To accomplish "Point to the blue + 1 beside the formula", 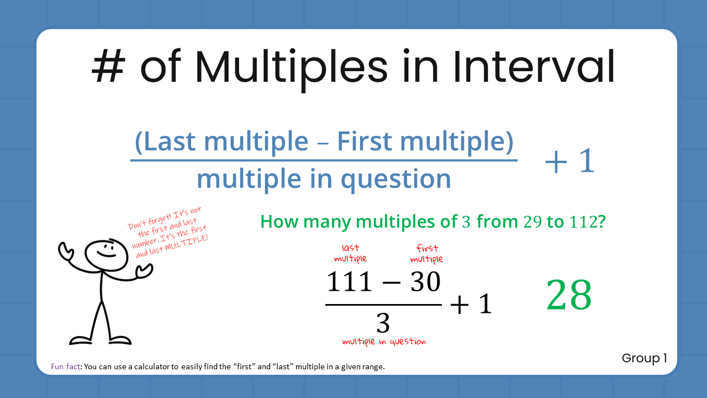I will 569,162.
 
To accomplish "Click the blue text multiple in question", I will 324,179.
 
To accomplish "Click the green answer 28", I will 569,296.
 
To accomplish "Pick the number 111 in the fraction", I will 350,282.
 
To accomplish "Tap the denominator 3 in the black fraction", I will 383,323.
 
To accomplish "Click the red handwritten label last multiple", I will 350,254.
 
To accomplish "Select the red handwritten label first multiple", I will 426,254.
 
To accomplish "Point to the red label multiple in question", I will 384,342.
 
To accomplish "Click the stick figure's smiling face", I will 102,252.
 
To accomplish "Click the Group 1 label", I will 644,358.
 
